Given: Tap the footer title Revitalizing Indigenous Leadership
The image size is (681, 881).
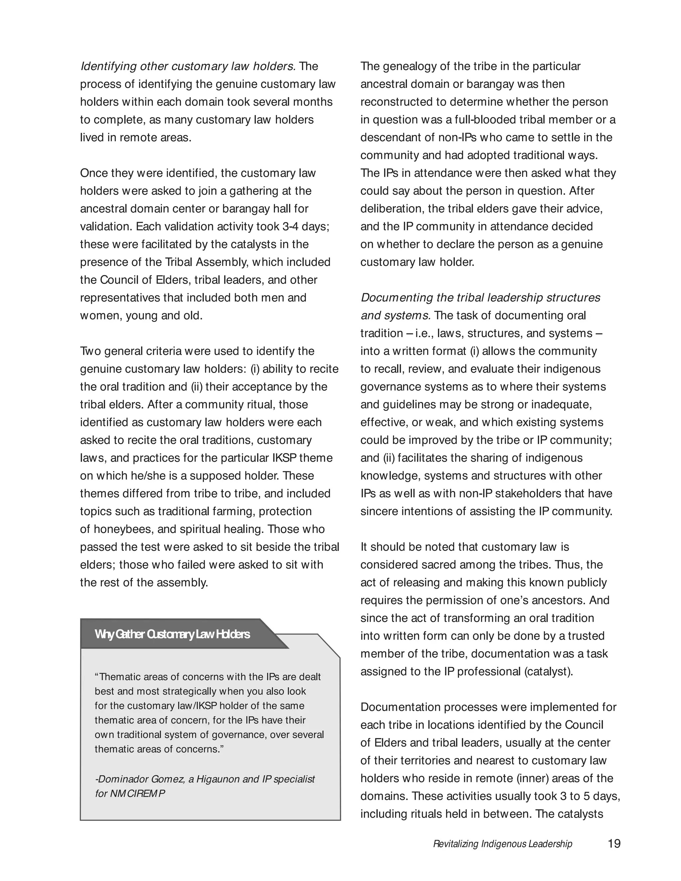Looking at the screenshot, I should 502,844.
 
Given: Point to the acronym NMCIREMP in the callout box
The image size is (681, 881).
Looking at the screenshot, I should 138,794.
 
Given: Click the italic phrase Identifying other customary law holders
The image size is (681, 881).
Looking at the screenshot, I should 188,66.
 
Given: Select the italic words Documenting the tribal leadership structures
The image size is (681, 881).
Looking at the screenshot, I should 480,298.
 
